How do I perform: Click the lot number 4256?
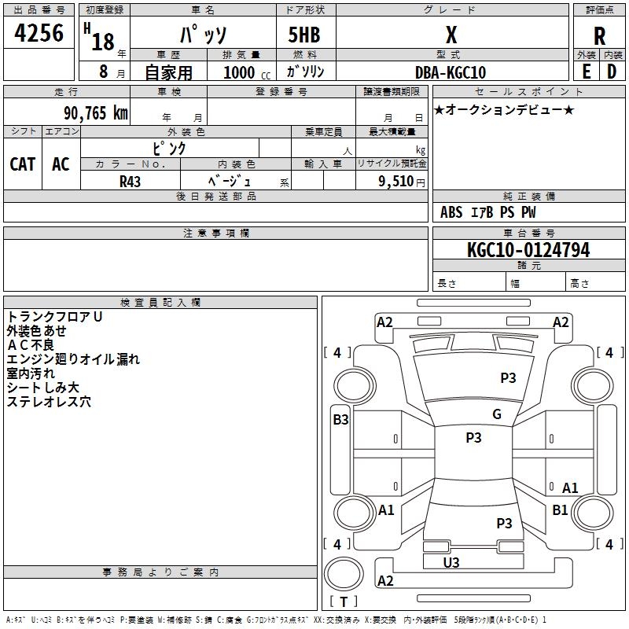click(39, 32)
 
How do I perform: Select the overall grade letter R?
click(599, 36)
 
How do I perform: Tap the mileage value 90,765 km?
click(95, 112)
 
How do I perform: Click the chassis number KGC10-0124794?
click(528, 250)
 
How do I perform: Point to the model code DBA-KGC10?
click(451, 72)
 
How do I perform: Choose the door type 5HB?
click(304, 35)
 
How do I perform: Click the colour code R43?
click(130, 182)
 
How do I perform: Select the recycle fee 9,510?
click(395, 181)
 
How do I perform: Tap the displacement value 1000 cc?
click(247, 72)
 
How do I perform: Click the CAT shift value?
click(23, 164)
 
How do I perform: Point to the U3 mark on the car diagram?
click(451, 562)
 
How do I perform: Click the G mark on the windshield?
click(497, 414)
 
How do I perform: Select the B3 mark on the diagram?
click(340, 419)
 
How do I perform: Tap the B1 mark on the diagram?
click(560, 509)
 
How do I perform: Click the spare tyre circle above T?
click(344, 574)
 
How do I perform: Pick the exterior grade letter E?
click(587, 72)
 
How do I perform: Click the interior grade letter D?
click(612, 72)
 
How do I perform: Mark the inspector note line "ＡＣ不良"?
click(31, 344)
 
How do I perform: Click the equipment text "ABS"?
click(451, 212)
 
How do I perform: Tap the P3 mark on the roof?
click(473, 437)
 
